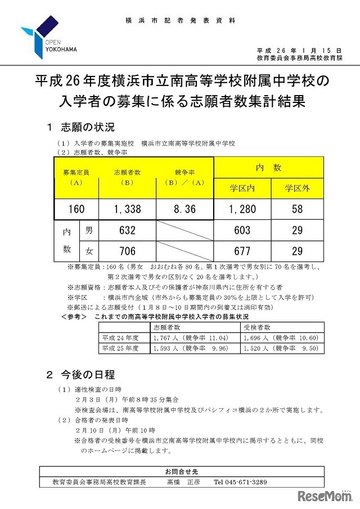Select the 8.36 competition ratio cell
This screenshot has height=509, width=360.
(184, 209)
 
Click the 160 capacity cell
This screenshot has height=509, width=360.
(76, 209)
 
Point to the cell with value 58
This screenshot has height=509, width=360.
(297, 209)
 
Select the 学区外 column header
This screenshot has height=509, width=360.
(297, 188)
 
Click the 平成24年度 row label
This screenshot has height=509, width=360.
(120, 337)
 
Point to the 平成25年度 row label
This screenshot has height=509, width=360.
(120, 348)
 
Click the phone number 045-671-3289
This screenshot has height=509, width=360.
(240, 482)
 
